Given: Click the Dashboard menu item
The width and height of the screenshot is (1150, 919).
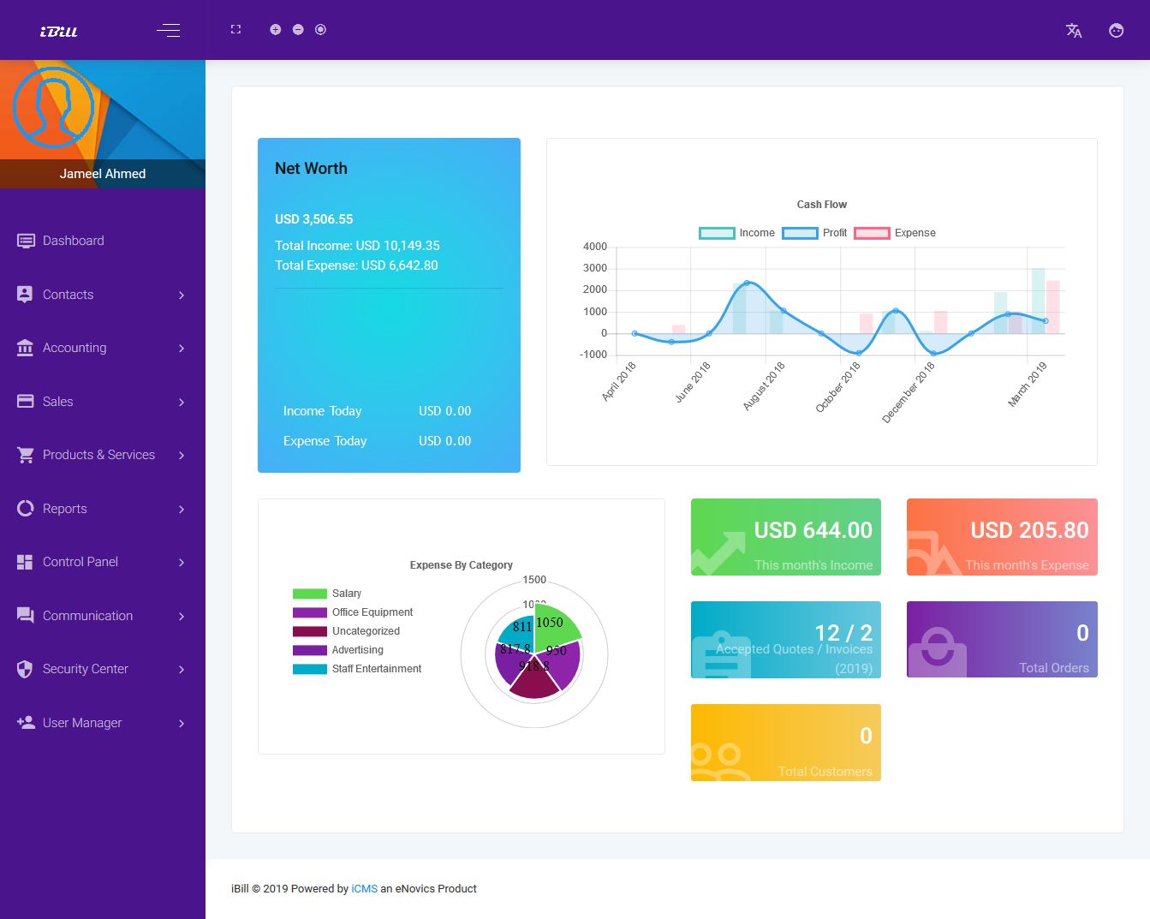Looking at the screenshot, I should click(73, 241).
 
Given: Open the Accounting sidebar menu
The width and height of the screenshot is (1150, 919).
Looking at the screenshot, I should click(74, 348).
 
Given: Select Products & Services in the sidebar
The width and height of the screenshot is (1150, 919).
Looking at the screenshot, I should click(98, 455).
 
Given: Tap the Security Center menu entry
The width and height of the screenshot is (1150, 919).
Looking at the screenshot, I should click(85, 669).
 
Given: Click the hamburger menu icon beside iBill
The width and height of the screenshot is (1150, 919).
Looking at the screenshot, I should click(168, 31).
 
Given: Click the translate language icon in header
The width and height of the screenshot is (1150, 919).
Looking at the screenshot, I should click(1074, 31).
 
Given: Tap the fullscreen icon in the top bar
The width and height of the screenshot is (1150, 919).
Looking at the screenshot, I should click(235, 29).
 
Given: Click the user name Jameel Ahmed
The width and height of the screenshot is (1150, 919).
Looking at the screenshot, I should click(103, 174).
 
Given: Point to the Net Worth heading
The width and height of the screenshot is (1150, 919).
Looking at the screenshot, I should click(311, 169).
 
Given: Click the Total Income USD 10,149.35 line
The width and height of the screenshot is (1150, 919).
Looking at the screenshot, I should click(357, 246).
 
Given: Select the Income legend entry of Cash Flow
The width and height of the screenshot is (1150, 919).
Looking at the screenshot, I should click(737, 233).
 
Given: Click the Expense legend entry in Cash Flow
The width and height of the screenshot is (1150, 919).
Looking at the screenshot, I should click(895, 233).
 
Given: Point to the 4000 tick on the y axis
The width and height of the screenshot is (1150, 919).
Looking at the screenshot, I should click(595, 247).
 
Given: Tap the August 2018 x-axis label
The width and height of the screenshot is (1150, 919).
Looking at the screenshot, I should click(765, 385).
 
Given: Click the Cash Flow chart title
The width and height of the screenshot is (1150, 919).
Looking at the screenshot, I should click(821, 205).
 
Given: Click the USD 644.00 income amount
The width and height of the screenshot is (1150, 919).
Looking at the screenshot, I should click(813, 531).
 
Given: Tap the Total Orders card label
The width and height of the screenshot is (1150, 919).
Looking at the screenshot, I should click(1053, 668).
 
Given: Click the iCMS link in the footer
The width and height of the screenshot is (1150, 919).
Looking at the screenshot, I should click(364, 889).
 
